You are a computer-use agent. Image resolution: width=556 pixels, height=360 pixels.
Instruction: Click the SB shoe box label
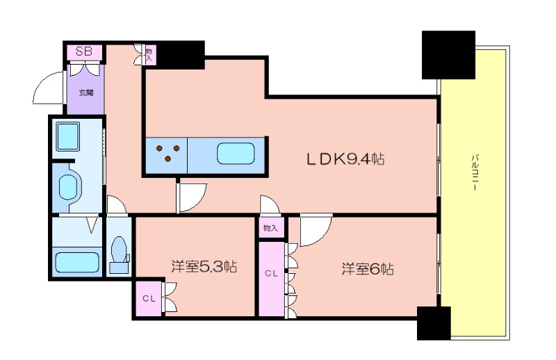tap(84, 52)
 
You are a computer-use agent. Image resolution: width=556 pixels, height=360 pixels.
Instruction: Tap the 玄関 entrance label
tap(85, 93)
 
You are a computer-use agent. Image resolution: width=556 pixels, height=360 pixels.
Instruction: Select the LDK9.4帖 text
tap(345, 159)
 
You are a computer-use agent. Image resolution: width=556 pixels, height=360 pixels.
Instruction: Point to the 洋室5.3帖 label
tap(204, 266)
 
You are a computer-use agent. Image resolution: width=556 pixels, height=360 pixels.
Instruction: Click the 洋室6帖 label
tap(368, 268)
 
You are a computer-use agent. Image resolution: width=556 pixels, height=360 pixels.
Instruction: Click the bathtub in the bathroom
tap(77, 262)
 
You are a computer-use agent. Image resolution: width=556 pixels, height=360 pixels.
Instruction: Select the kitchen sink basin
tap(236, 153)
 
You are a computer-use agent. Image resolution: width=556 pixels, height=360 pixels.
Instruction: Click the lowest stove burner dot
tap(167, 159)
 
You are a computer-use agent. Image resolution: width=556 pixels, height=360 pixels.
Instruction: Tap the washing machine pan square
tap(67, 136)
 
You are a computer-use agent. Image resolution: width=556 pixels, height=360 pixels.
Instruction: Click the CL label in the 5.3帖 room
tap(149, 299)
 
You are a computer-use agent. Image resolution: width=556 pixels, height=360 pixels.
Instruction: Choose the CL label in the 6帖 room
tap(271, 273)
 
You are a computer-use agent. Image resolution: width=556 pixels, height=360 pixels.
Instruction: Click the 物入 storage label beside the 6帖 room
tap(270, 229)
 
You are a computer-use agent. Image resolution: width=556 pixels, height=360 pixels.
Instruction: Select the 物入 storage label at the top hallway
tap(149, 55)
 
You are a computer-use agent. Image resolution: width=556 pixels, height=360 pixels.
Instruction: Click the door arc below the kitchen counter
tap(197, 202)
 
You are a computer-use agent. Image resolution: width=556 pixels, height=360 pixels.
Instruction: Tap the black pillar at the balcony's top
tap(448, 55)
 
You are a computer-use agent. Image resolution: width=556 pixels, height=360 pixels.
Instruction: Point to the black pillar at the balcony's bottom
tap(434, 323)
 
